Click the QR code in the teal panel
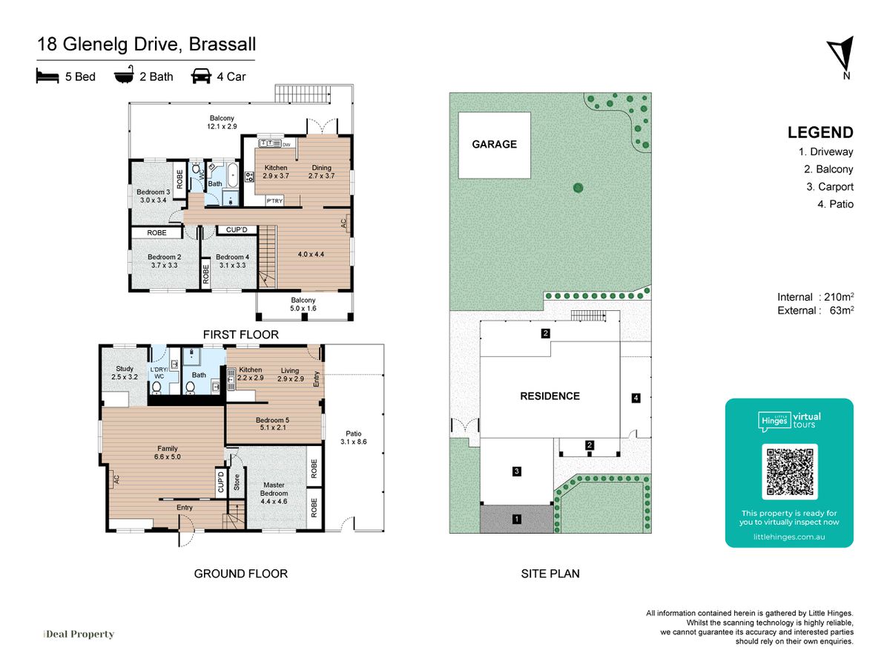coord(789,471)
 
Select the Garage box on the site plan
coord(494,145)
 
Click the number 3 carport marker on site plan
coord(516,471)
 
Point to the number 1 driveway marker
coord(516,519)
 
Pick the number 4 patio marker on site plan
coord(636,398)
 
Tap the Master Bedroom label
coord(274,488)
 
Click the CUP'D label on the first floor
coord(237,229)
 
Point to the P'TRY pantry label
coord(274,200)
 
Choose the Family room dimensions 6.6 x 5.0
coord(168,456)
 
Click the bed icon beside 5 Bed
coord(47,76)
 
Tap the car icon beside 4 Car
coord(201,76)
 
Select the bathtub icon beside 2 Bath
coord(124,75)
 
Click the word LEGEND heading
coord(820,133)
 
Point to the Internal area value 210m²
coord(839,296)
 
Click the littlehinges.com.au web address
coord(789,537)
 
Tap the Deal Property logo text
coord(79,634)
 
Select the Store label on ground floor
coord(237,482)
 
